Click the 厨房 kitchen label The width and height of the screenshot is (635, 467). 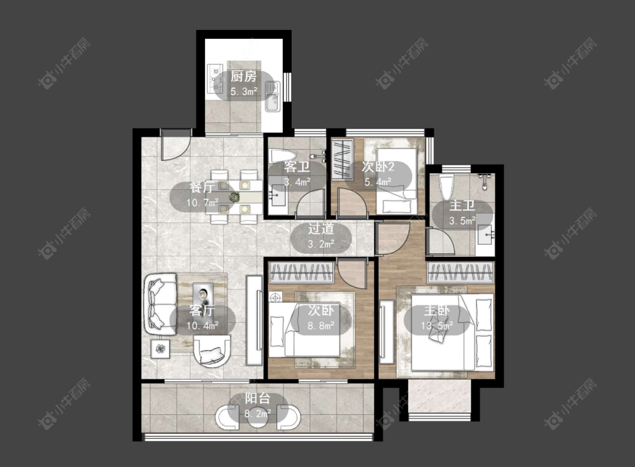pos(244,76)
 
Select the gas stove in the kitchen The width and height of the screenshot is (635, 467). pos(215,78)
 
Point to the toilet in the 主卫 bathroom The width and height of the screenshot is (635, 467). pos(446,187)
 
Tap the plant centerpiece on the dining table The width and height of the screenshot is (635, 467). pos(234,197)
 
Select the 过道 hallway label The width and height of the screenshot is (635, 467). pos(321,229)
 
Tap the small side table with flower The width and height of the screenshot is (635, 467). pos(161,349)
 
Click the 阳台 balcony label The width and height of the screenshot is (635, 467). pos(257,399)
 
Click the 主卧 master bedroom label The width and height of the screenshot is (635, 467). pos(436,311)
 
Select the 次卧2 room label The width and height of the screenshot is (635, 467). pos(378,166)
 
